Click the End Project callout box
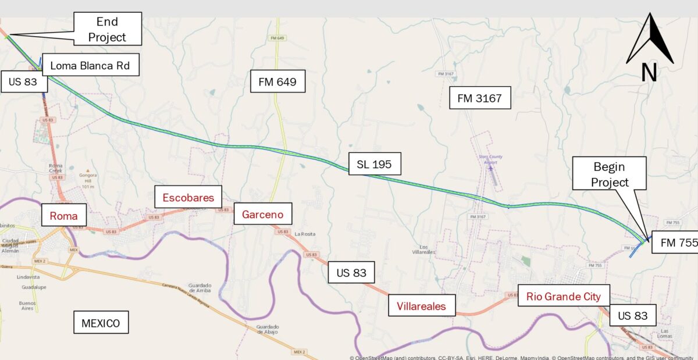pos(107,29)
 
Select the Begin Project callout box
pos(610,174)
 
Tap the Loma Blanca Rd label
pos(90,65)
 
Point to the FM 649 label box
pos(277,82)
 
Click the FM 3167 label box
pos(479,98)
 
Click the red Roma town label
pos(63,216)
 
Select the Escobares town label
pos(188,197)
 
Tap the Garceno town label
pos(262,215)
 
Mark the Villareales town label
pos(421,306)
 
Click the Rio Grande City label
pos(563,296)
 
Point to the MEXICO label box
pos(101,323)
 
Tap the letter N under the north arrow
pos(649,73)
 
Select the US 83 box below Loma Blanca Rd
pos(23,81)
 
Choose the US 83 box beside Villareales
pos(351,272)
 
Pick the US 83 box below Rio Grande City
pos(632,316)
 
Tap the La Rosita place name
pos(305,234)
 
